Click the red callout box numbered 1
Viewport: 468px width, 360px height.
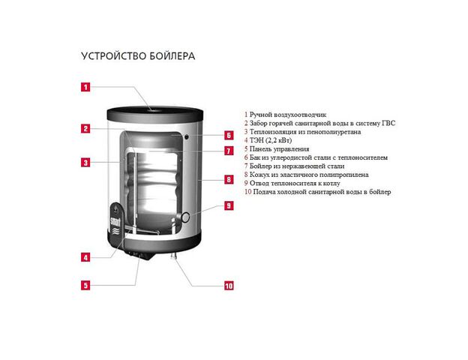[85, 87]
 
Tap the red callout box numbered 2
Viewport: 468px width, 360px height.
[85, 129]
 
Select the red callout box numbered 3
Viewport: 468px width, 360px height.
[85, 163]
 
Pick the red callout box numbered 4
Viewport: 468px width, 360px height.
[85, 257]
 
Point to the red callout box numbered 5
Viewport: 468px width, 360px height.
[85, 285]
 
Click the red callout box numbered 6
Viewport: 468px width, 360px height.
[229, 135]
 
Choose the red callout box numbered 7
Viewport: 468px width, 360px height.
[229, 151]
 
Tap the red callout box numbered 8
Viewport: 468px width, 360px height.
[229, 179]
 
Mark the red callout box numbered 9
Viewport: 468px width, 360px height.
[229, 205]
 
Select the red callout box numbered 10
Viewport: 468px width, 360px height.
[229, 286]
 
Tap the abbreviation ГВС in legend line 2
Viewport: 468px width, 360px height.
[388, 123]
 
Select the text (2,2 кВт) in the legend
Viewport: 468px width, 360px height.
[278, 140]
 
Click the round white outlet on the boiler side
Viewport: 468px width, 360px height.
[186, 217]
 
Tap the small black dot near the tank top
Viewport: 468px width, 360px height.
[187, 137]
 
